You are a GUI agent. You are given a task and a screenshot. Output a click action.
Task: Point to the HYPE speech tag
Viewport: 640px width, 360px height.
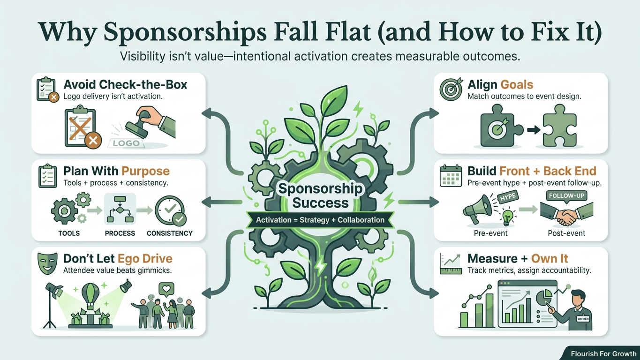[x=508, y=196]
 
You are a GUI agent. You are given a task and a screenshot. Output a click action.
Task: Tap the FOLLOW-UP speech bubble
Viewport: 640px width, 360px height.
[x=566, y=196]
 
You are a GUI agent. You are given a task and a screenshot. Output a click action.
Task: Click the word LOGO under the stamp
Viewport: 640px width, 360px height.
[x=126, y=143]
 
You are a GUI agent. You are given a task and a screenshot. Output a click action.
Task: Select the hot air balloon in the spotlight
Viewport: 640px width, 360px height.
[x=91, y=298]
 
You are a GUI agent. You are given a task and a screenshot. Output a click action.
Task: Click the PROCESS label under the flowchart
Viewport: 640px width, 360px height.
[x=120, y=233]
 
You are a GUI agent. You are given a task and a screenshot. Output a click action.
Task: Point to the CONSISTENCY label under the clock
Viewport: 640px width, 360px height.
[x=170, y=233]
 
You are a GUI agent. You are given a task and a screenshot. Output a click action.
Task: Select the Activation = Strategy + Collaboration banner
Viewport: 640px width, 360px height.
[x=320, y=220]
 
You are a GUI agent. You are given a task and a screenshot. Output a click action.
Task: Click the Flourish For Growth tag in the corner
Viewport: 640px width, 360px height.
[x=604, y=354]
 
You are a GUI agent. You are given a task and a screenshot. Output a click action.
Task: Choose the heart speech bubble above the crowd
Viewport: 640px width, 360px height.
[x=166, y=289]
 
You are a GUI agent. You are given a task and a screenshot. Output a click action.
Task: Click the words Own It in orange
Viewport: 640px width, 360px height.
[x=550, y=259]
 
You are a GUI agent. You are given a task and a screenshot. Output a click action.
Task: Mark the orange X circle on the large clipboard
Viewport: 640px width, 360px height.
[x=93, y=140]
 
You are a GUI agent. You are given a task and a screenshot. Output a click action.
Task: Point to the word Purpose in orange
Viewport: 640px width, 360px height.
[x=145, y=171]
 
